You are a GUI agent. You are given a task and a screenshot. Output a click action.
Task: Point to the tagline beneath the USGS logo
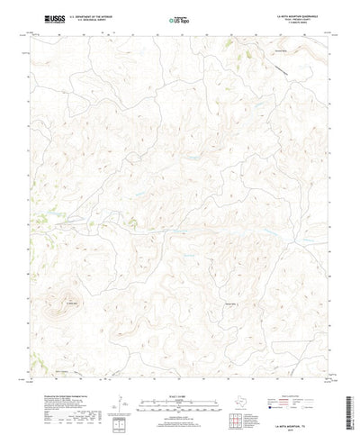coord(40,23)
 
